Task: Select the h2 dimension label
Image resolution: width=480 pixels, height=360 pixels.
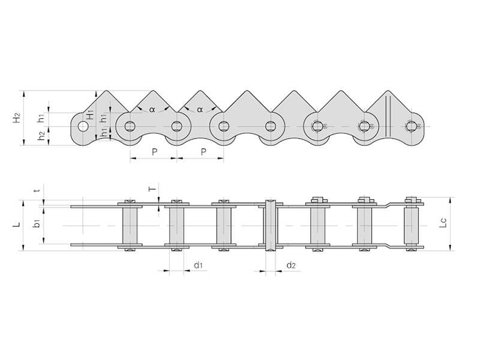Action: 41,136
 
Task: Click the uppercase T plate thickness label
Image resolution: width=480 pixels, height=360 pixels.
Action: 152,188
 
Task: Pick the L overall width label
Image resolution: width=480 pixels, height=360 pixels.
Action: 17,225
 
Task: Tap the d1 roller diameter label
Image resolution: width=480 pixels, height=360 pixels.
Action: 198,265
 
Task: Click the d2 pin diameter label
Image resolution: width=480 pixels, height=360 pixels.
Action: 290,265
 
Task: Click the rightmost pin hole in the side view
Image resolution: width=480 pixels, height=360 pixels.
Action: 410,126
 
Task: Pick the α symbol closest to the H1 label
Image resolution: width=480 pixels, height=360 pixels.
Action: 152,109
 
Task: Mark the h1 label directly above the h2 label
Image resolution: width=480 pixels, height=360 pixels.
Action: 41,118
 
